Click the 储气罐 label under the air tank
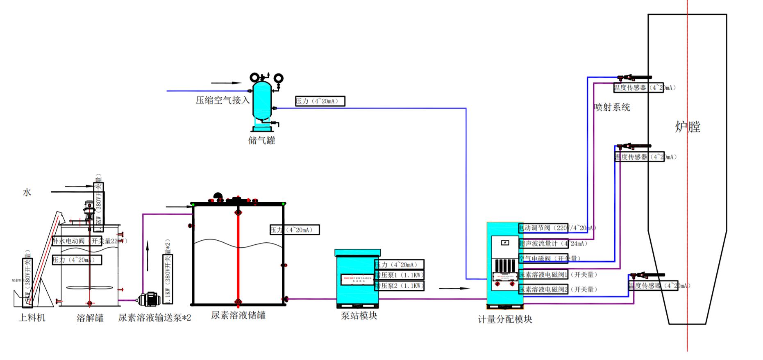click(x=262, y=141)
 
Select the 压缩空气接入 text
click(x=223, y=100)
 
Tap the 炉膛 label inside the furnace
click(x=688, y=127)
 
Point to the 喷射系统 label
click(x=612, y=107)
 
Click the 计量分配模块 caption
click(x=505, y=319)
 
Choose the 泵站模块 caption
click(x=359, y=316)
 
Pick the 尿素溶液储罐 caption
click(x=238, y=315)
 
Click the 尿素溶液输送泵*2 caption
click(x=154, y=318)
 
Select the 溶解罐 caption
click(x=90, y=318)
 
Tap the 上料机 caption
click(x=32, y=318)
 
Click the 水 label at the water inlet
click(x=27, y=192)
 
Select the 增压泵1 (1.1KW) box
click(x=399, y=275)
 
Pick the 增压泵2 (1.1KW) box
click(x=399, y=286)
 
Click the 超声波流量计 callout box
click(x=543, y=244)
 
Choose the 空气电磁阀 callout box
click(x=543, y=258)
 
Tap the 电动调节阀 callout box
click(x=543, y=228)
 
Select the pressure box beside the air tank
click(x=320, y=101)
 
